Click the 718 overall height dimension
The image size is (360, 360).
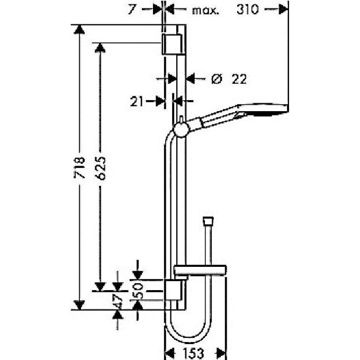79,167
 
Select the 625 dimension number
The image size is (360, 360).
101,168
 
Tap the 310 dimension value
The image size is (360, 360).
248,10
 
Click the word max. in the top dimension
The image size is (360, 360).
205,11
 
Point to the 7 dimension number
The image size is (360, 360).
132,10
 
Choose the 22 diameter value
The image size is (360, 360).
239,79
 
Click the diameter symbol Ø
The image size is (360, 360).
217,79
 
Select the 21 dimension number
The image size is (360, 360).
137,101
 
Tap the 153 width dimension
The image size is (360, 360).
193,353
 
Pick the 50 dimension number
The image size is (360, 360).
138,290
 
